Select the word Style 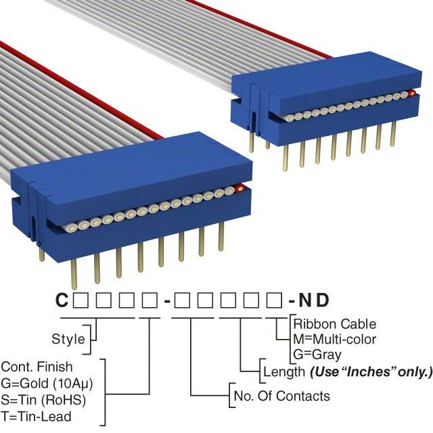[68, 339]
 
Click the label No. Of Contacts [281, 396]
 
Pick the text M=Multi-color [335, 339]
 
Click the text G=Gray [317, 354]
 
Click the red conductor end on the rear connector [410, 93]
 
